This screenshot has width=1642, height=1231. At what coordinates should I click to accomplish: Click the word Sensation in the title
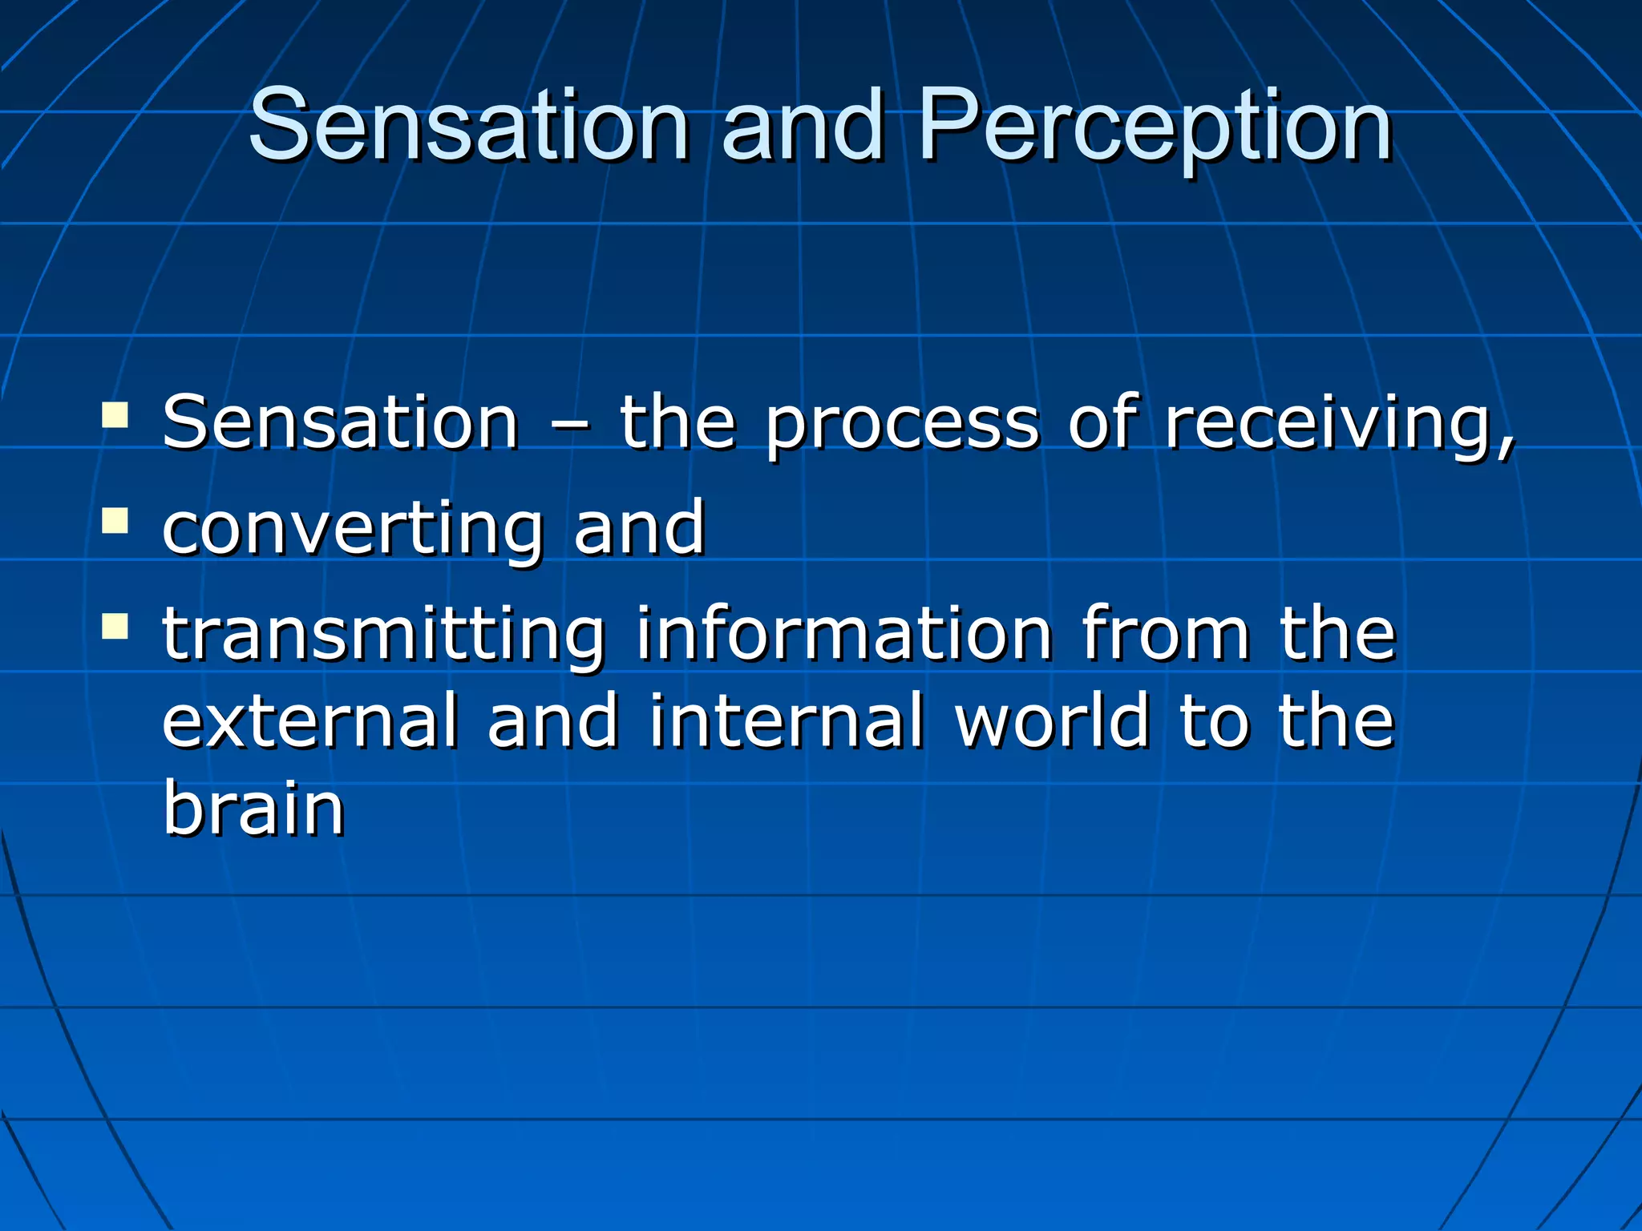tap(469, 126)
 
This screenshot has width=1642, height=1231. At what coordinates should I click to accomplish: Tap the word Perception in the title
tap(1155, 128)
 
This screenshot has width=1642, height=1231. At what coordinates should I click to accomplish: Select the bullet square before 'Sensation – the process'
tap(115, 414)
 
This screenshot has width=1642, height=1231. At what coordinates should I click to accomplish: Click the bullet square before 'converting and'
tap(115, 520)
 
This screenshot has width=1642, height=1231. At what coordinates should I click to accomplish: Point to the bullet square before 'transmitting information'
tap(115, 626)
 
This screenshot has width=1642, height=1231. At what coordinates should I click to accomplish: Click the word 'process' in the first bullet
tap(902, 425)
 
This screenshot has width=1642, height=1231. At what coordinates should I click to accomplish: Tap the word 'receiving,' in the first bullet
tap(1339, 425)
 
